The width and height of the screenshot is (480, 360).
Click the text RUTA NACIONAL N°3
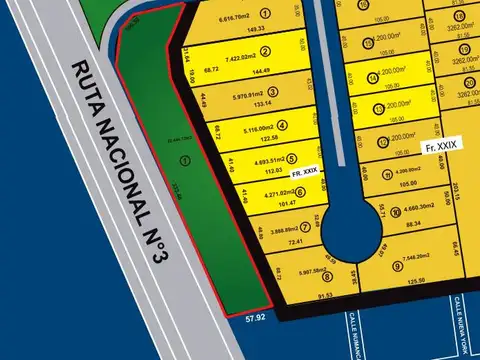coord(118,161)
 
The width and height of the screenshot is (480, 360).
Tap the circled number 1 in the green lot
coord(184,160)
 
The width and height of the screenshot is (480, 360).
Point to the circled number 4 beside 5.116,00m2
coord(282,126)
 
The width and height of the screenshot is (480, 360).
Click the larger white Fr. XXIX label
coord(441,147)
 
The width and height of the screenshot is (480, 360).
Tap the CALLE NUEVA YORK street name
coord(460,324)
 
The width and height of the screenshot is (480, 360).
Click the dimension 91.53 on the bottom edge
coord(324,295)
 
